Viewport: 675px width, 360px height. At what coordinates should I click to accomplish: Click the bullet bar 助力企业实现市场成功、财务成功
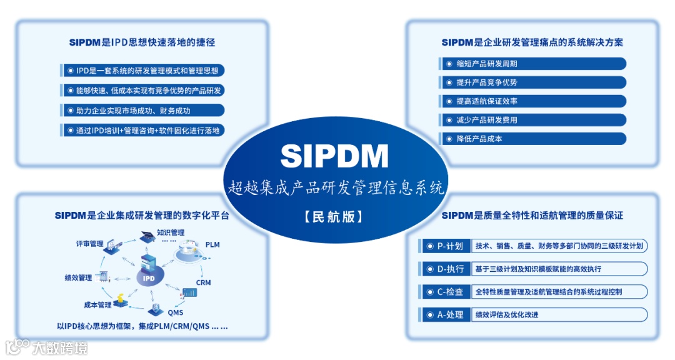142,111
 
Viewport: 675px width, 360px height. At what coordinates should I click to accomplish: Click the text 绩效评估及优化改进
507,315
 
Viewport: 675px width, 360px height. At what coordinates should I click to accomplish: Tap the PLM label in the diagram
212,244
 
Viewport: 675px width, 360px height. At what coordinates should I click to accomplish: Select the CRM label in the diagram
203,282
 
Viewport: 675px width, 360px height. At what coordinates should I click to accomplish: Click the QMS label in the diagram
176,312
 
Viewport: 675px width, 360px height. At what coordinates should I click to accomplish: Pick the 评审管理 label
89,244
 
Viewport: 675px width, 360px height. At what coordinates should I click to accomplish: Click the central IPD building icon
149,270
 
